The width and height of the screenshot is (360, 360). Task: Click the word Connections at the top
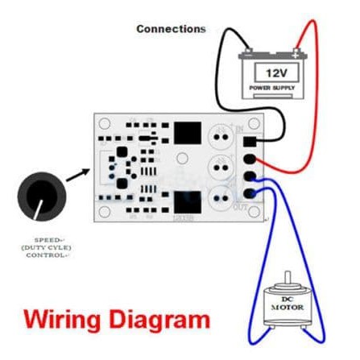pos(171,29)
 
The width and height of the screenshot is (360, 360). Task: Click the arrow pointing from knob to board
pos(78,172)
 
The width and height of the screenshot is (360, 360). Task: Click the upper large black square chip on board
pos(186,132)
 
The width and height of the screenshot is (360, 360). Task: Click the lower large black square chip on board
pos(186,202)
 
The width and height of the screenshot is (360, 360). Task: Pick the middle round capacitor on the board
pos(222,168)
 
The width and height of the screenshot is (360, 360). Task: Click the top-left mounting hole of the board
pos(106,126)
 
